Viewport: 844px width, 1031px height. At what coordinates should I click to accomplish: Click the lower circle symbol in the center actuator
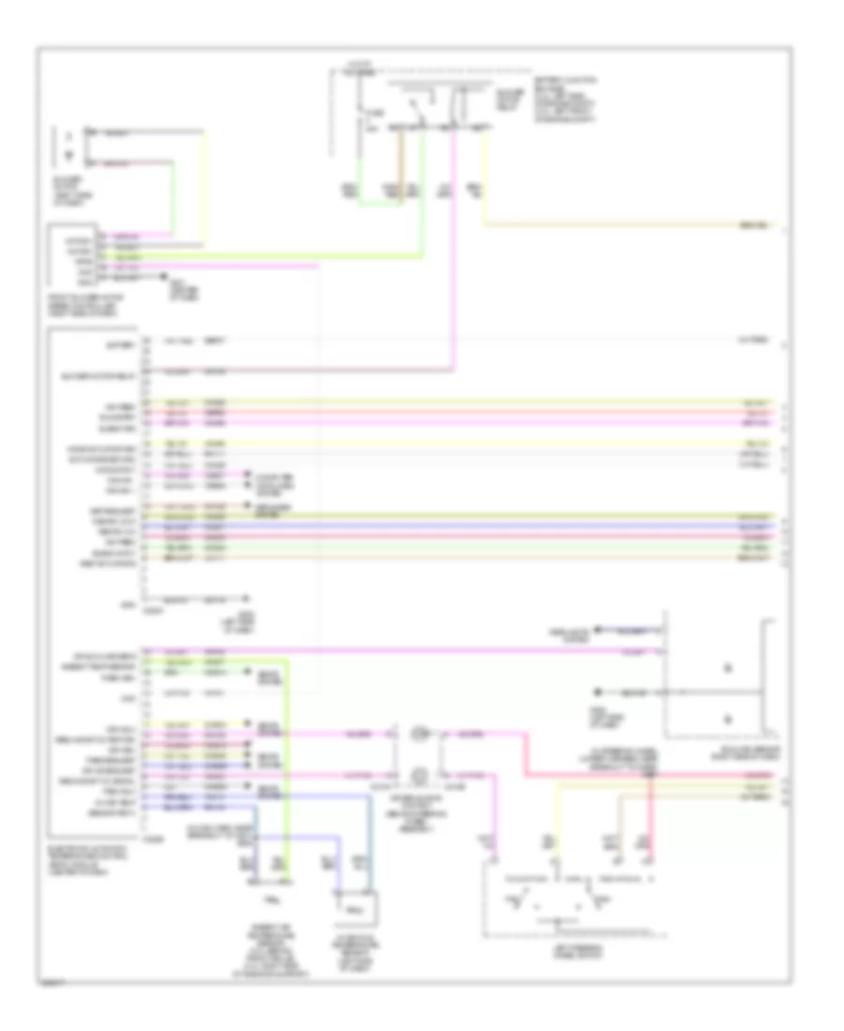[418, 774]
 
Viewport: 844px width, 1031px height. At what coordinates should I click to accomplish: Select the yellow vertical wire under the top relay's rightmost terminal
[484, 178]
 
